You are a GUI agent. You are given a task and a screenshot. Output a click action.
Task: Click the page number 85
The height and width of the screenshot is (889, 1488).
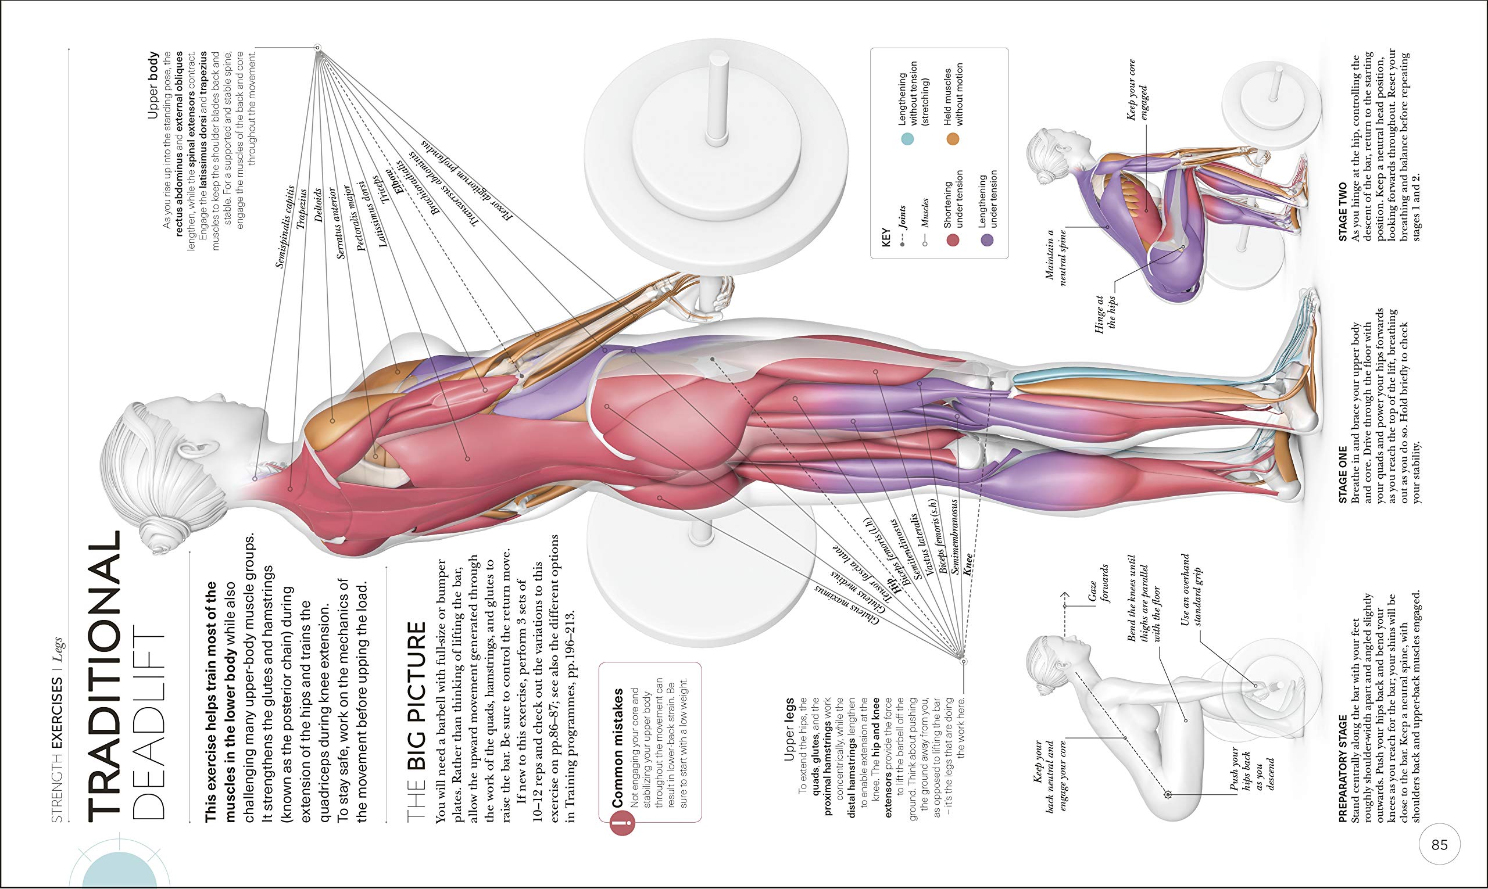[x=1439, y=844]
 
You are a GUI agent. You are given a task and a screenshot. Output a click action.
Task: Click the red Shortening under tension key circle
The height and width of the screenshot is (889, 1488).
[x=952, y=240]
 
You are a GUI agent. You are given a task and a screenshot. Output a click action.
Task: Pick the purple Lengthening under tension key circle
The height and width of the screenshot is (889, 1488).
[x=986, y=240]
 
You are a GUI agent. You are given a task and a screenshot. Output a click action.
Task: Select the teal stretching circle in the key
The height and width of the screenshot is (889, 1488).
[x=907, y=139]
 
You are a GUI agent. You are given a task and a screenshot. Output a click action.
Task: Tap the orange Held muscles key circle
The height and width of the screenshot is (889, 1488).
[x=952, y=139]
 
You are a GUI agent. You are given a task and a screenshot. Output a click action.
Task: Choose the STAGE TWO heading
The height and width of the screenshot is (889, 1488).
[x=1342, y=212]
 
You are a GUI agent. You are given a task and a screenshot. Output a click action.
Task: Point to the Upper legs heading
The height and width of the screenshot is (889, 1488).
[x=789, y=729]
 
